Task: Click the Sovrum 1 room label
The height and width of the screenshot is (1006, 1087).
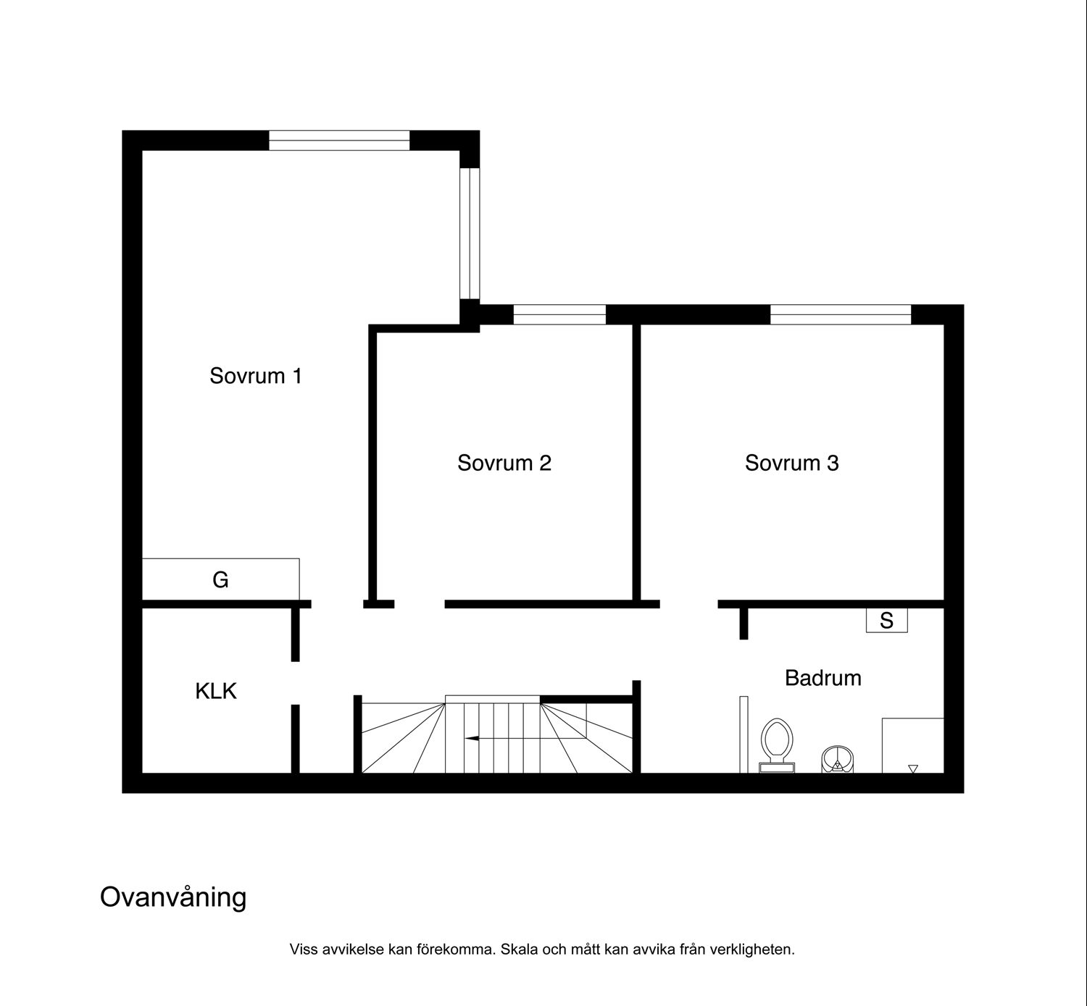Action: click(x=256, y=376)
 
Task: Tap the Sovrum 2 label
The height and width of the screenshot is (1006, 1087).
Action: click(x=504, y=463)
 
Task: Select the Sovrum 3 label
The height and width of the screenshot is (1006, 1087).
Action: click(x=791, y=463)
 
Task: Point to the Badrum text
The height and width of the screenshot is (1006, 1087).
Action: click(x=822, y=678)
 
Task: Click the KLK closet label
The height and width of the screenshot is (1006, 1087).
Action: click(x=216, y=691)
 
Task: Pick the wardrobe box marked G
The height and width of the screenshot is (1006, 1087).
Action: click(x=220, y=579)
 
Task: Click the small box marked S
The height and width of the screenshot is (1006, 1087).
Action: click(x=887, y=621)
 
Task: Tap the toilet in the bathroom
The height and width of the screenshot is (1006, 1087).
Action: click(x=777, y=745)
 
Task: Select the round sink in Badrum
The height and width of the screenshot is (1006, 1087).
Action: click(x=837, y=759)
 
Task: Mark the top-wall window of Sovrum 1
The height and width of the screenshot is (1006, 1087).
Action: click(x=339, y=140)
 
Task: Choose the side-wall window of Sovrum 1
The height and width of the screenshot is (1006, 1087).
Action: click(x=470, y=234)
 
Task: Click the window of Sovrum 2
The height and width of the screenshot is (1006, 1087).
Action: click(x=559, y=314)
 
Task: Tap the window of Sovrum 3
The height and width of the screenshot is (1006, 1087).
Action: click(x=841, y=314)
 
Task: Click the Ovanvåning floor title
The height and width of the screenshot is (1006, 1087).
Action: click(x=173, y=898)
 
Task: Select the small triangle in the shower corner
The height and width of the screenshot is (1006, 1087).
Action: click(x=913, y=768)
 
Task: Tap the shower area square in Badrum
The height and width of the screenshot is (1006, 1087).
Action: click(x=913, y=745)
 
